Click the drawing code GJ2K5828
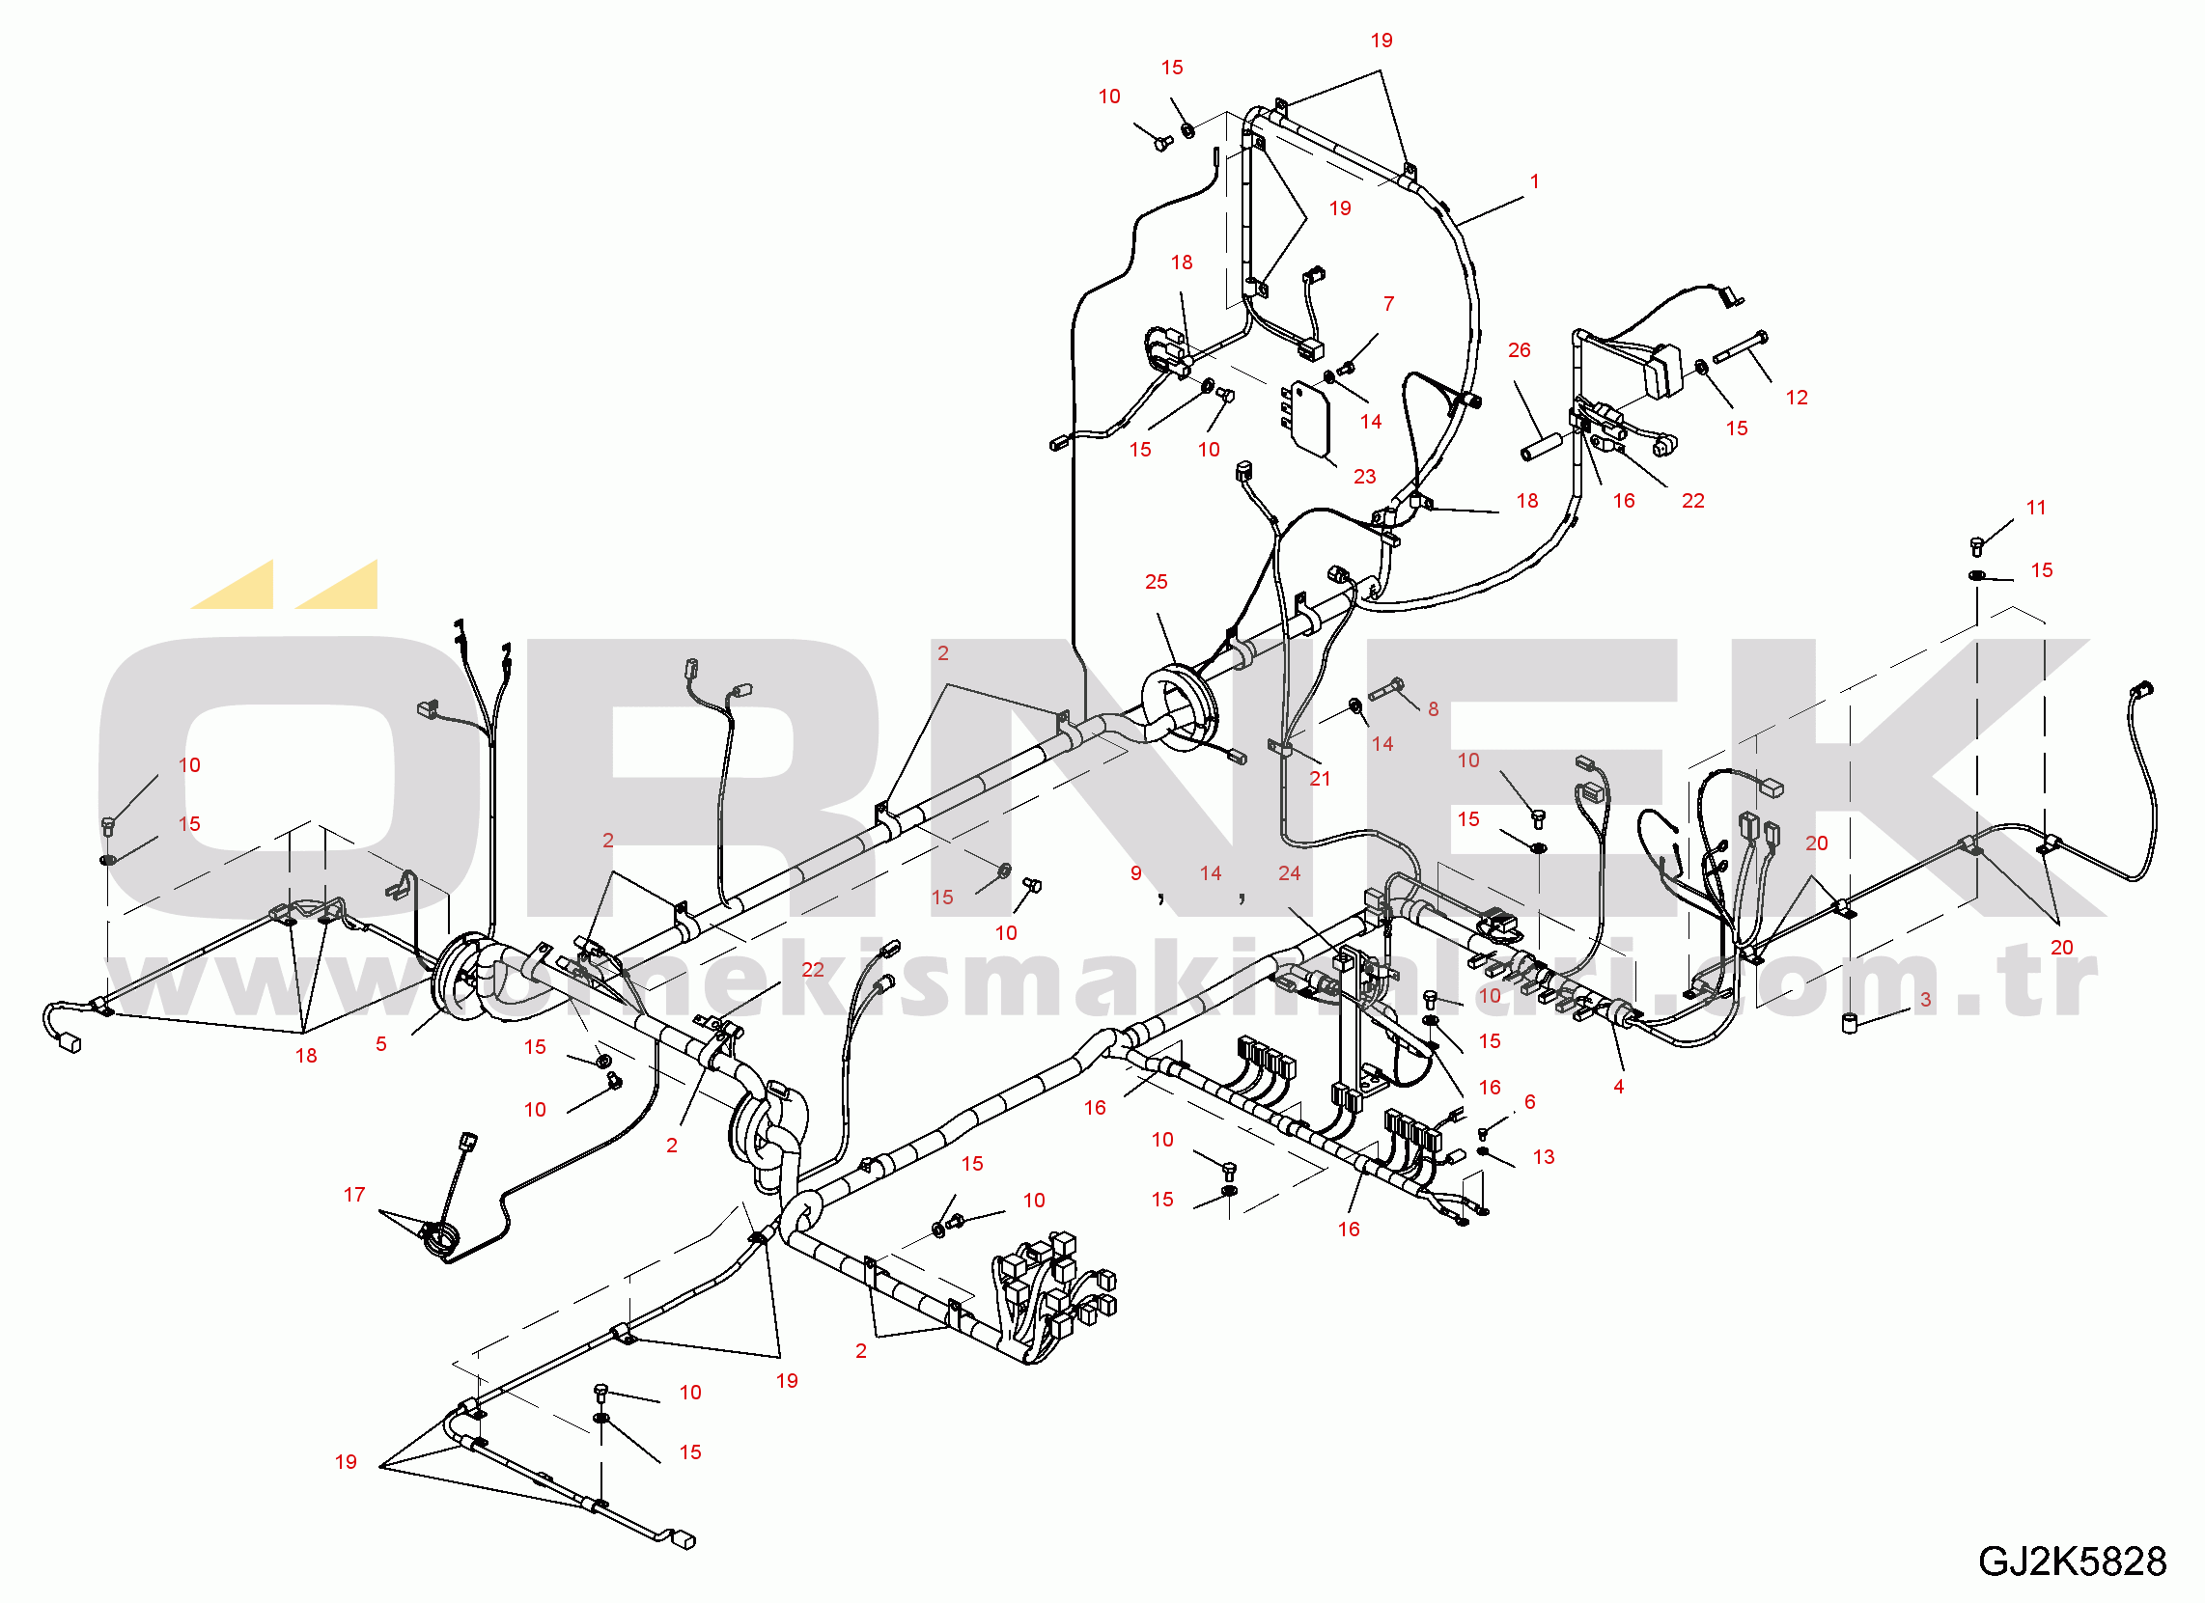[x=2072, y=1562]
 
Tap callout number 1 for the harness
[x=1535, y=181]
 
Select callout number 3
[x=1925, y=999]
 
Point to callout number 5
[x=381, y=1044]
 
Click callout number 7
[x=1388, y=304]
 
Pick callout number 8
[x=1433, y=709]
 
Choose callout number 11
[x=2036, y=508]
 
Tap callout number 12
[x=1797, y=398]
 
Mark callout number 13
[x=1544, y=1157]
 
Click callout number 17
[x=354, y=1195]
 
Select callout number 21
[x=1320, y=779]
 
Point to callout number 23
[x=1365, y=478]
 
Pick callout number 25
[x=1156, y=582]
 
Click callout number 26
[x=1519, y=350]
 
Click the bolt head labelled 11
[x=1976, y=545]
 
